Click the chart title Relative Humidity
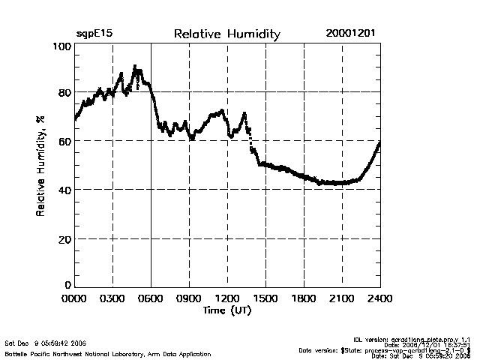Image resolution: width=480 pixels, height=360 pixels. pos(226,34)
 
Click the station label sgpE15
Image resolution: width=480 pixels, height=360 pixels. pos(93,34)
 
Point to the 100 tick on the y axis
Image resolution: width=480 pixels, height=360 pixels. pos(62,46)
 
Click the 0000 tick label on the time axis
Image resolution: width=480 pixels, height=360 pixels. pos(75,299)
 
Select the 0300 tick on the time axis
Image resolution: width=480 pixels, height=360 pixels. pos(113,299)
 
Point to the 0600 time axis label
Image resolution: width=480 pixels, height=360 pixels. pos(151,299)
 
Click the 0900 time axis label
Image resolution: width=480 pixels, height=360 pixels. pos(190,299)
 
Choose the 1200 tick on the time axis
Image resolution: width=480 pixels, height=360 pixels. pos(228,299)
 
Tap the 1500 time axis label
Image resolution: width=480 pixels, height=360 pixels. pos(266,299)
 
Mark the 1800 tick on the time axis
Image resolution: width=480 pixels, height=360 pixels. pos(304,299)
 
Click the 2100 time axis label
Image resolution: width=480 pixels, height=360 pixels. pos(343,299)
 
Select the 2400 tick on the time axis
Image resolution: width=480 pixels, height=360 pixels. pos(380,299)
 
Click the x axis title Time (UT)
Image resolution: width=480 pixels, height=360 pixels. pos(227,310)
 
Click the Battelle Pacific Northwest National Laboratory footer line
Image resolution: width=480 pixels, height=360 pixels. pos(108,352)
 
